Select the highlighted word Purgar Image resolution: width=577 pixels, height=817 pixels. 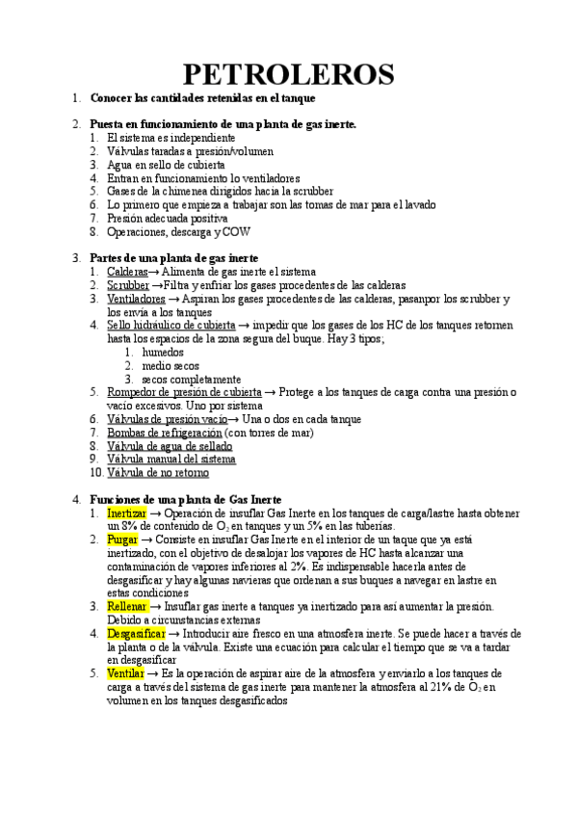[123, 540]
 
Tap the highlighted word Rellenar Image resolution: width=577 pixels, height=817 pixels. [126, 606]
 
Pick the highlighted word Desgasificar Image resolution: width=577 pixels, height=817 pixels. [135, 633]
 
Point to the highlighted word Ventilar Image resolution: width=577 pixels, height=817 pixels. [125, 673]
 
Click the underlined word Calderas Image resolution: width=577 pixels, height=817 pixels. [127, 273]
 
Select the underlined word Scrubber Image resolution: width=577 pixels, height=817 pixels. [128, 286]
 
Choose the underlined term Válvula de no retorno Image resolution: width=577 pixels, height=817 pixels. [157, 473]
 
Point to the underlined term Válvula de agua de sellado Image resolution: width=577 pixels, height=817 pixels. [169, 446]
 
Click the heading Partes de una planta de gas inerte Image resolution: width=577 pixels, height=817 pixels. [173, 259]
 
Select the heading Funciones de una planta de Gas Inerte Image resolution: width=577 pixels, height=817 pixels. [185, 500]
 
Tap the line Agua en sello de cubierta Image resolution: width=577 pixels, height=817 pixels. [166, 165]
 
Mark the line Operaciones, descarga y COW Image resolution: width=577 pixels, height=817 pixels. [174, 232]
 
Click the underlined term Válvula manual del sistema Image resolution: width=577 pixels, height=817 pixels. [170, 460]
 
